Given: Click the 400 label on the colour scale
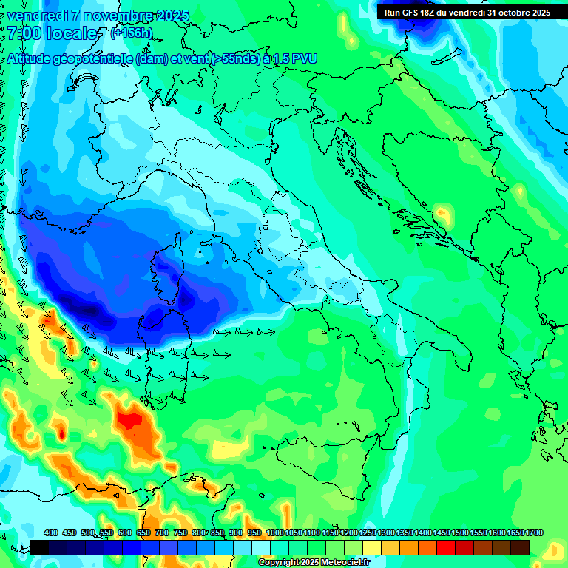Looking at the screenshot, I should (51, 533).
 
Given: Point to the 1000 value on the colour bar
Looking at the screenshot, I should (274, 533).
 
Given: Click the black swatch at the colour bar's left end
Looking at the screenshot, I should (39, 547).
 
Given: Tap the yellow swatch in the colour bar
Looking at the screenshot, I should (372, 547).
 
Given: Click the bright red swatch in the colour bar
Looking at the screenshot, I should (446, 547).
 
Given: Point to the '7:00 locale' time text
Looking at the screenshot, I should (52, 33).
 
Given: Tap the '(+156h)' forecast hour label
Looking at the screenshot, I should (132, 33).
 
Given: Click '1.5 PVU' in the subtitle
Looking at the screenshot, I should (294, 58).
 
